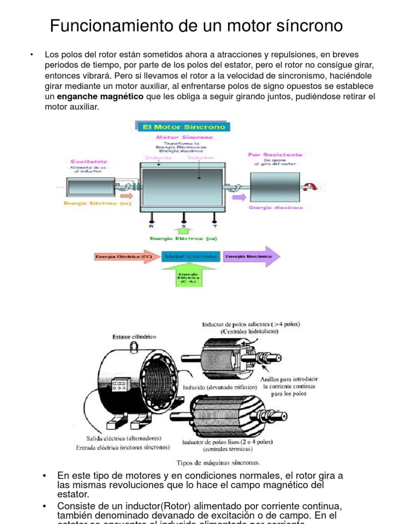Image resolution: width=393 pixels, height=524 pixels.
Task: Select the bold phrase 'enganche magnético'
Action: [x=101, y=97]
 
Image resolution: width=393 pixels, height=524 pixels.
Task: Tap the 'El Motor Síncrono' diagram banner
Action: [x=183, y=126]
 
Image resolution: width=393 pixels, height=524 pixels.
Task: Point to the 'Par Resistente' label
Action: [x=275, y=154]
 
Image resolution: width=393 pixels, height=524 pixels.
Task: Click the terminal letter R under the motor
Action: [x=151, y=225]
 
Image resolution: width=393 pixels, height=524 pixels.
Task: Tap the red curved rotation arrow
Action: [x=311, y=187]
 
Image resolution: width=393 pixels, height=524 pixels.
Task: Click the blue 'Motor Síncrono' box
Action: [x=191, y=256]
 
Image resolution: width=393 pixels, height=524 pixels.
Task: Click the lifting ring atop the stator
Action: [x=135, y=347]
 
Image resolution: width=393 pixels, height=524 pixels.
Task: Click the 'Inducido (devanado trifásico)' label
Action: [x=220, y=387]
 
